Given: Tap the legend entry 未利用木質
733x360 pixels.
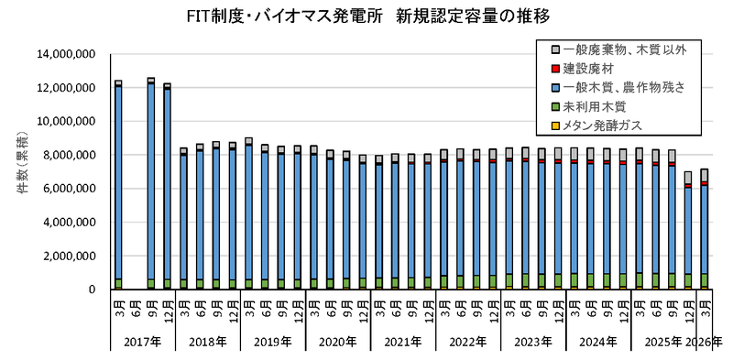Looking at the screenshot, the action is point(591,106).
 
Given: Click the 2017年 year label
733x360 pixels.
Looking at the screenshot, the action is point(143,342).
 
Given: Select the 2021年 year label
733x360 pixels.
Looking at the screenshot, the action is point(403,342).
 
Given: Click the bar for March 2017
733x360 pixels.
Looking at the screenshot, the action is point(118,185).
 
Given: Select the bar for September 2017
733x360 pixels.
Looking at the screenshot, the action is point(151,184).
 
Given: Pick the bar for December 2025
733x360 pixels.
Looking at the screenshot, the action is point(688,231).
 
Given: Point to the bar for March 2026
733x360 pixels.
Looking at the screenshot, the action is point(705,229).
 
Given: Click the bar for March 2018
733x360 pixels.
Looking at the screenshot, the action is point(183,219).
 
